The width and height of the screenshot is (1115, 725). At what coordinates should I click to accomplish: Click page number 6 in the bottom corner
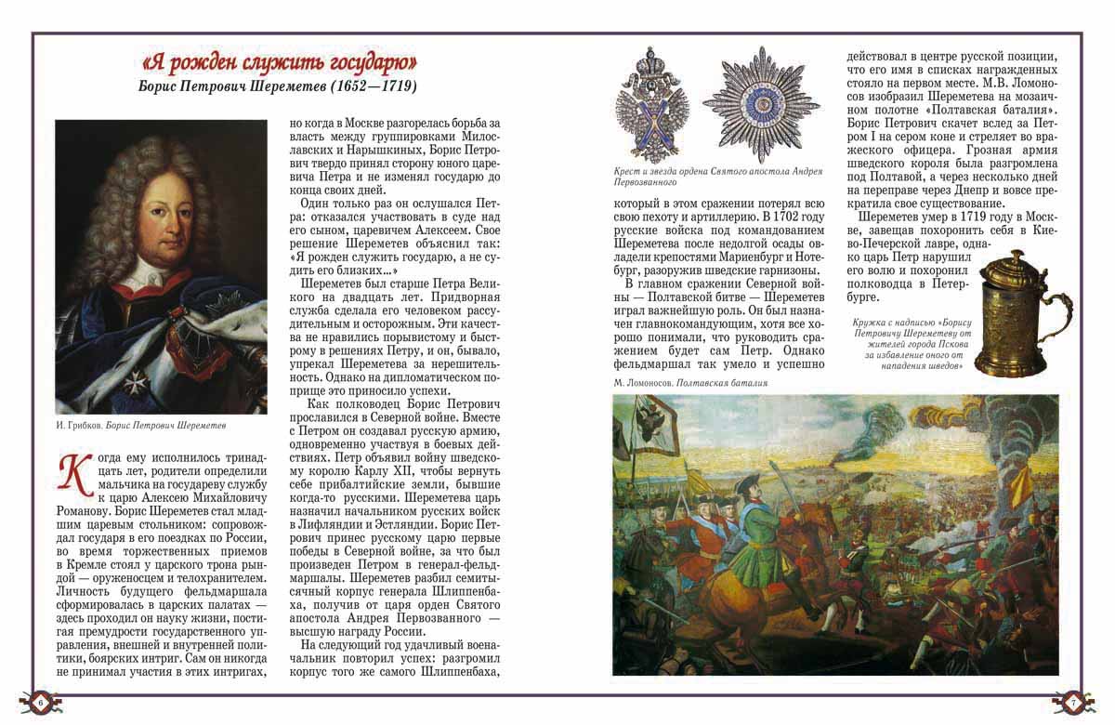(x=41, y=703)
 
